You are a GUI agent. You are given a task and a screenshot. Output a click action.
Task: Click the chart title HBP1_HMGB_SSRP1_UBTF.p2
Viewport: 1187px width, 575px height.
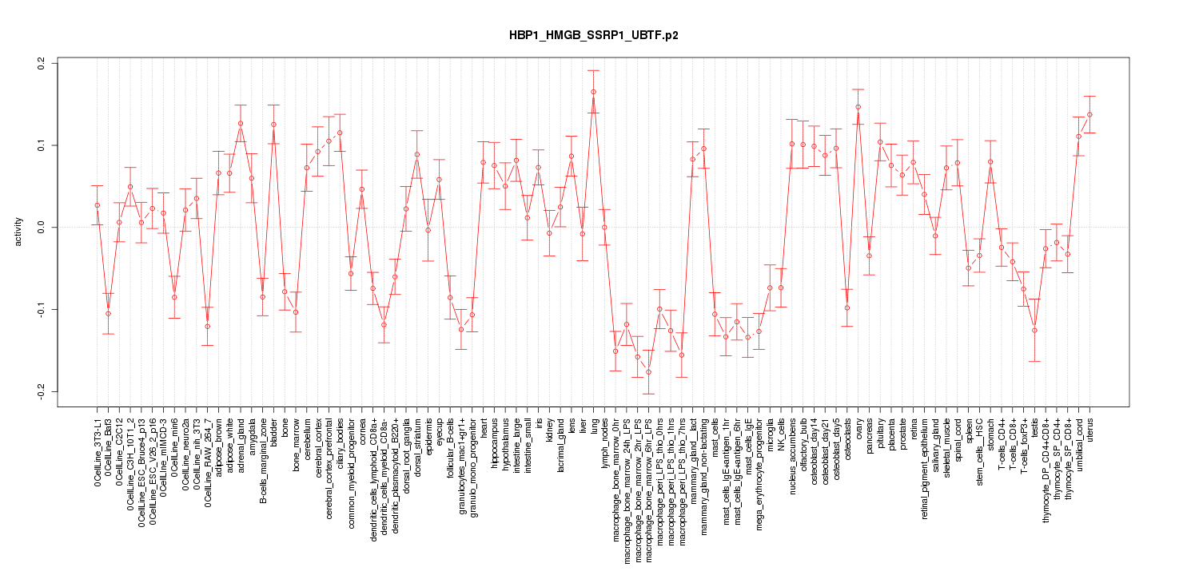tap(593, 36)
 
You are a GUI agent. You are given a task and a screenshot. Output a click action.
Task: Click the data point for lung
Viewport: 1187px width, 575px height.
tap(593, 92)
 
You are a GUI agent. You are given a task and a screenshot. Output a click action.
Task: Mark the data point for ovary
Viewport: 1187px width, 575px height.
tap(858, 107)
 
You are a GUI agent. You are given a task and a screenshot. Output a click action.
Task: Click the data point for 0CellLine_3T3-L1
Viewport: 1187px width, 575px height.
tap(97, 205)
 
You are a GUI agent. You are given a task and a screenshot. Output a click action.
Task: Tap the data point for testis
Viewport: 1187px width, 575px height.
tap(1034, 330)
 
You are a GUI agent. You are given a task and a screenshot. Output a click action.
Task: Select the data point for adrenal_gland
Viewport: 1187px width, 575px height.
tap(241, 123)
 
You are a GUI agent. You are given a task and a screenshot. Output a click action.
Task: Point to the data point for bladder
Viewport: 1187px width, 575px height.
tap(273, 125)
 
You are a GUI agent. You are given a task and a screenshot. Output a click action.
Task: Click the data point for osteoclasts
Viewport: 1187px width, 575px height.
tap(847, 307)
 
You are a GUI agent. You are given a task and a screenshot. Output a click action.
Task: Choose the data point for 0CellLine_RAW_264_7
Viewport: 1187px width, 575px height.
tap(207, 326)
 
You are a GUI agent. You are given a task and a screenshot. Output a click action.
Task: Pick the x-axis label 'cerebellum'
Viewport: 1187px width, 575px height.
tap(307, 432)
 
